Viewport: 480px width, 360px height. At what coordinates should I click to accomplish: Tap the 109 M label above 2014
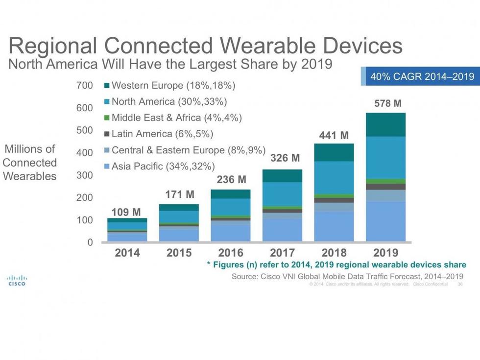pyautogui.click(x=127, y=212)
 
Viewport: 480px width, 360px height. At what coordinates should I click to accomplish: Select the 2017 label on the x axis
pyautogui.click(x=282, y=253)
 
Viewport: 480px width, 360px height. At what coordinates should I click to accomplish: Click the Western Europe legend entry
pyautogui.click(x=169, y=86)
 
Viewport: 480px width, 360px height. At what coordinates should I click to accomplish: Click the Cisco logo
pyautogui.click(x=17, y=281)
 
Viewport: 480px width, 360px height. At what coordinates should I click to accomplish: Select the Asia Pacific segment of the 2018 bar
pyautogui.click(x=334, y=226)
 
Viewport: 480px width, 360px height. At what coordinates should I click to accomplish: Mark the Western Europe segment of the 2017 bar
pyautogui.click(x=282, y=176)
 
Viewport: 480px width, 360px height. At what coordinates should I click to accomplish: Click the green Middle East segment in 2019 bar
pyautogui.click(x=385, y=181)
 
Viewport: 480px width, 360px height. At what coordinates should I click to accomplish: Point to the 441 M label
pyautogui.click(x=334, y=135)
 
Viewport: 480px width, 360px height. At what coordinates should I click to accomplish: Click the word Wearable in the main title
pyautogui.click(x=263, y=47)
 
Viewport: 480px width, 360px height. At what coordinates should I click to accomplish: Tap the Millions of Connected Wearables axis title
pyautogui.click(x=30, y=163)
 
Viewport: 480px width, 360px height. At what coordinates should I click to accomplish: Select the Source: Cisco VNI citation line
pyautogui.click(x=347, y=276)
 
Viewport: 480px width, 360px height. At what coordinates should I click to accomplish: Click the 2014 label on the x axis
pyautogui.click(x=127, y=253)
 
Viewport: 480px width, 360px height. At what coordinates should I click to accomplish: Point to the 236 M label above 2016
pyautogui.click(x=231, y=180)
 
